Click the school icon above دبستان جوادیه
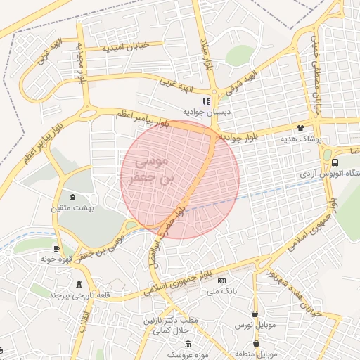click(x=205, y=101)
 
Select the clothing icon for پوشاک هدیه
click(x=301, y=129)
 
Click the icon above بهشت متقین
click(x=75, y=197)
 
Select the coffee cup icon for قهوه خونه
click(x=57, y=248)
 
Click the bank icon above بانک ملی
click(x=222, y=281)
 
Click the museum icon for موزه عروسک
click(x=188, y=343)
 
